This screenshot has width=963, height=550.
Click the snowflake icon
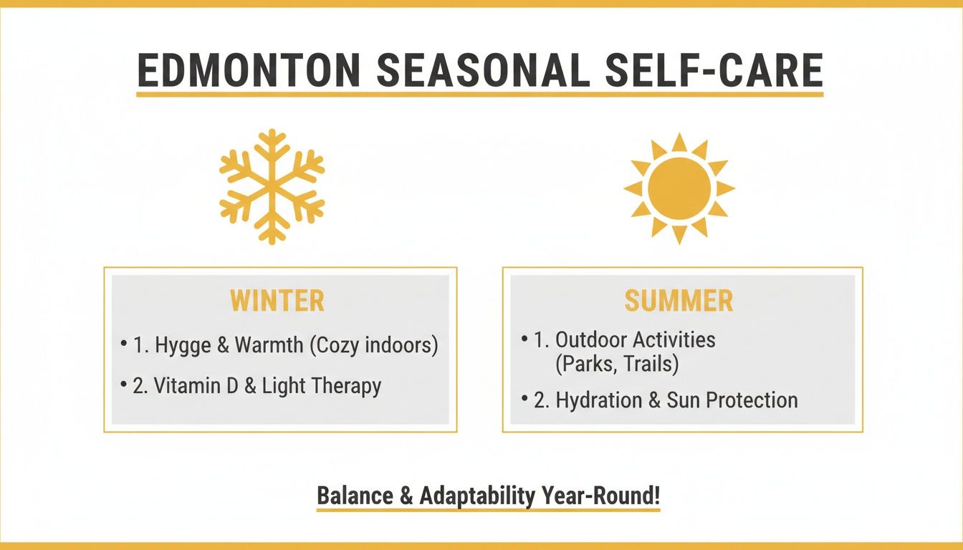click(272, 187)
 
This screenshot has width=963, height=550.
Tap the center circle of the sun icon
click(679, 188)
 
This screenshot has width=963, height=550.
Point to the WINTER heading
click(277, 301)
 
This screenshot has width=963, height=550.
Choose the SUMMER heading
click(679, 301)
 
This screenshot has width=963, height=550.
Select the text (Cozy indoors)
click(373, 345)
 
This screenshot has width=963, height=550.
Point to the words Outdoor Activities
click(635, 339)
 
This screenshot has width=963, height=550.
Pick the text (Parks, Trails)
click(616, 364)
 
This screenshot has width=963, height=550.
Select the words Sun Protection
click(732, 400)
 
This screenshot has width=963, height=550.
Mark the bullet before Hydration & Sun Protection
click(525, 399)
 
